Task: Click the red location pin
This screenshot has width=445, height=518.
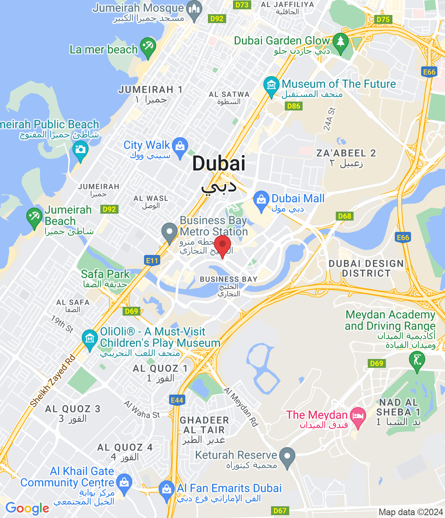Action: coord(222,245)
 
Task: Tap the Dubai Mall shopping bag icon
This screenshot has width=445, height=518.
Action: coord(261,200)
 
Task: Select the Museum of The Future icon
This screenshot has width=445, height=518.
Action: coord(271,85)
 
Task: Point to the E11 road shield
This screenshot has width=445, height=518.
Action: coord(152,261)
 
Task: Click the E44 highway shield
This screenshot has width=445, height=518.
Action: coord(177,400)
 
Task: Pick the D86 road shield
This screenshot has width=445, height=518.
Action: coord(293,106)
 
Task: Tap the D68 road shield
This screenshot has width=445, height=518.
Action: coord(344,216)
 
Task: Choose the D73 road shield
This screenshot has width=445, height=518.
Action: coord(242,5)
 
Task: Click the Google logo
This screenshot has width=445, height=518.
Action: coord(27,508)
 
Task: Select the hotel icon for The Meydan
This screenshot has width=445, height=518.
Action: coord(358,416)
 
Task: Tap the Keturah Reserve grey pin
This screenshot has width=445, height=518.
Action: coord(287,456)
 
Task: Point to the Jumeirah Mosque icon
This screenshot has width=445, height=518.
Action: coord(195,9)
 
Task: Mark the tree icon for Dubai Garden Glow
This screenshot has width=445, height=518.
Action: coord(340,41)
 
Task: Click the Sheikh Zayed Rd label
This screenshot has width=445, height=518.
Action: coord(53,380)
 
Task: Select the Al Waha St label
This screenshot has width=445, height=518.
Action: coord(142,410)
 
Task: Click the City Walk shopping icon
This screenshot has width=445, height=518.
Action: coord(180,146)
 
